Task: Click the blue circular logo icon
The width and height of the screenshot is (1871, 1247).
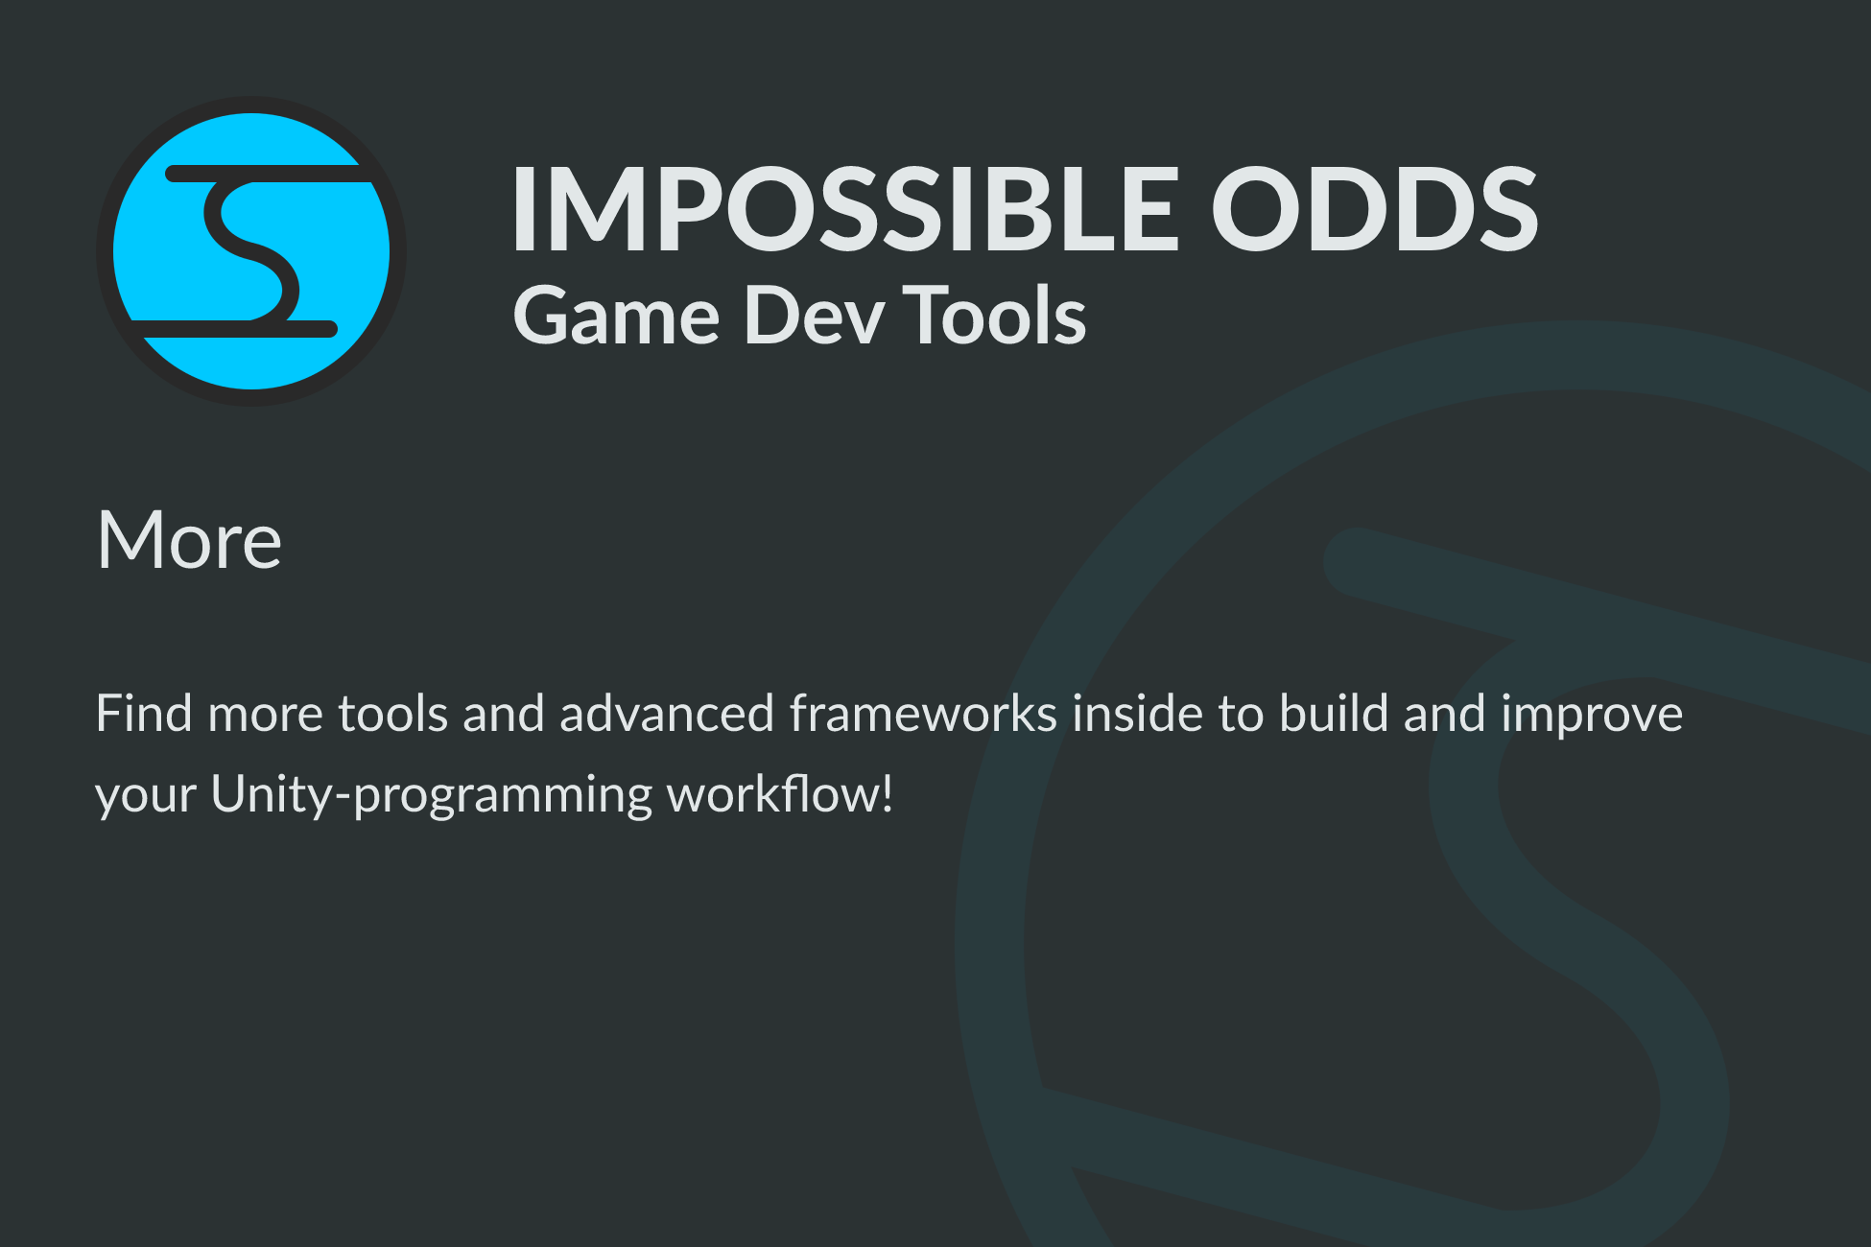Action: tap(251, 251)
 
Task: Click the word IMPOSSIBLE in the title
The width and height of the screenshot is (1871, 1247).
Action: tap(845, 208)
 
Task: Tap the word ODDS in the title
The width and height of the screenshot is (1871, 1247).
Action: tap(1375, 208)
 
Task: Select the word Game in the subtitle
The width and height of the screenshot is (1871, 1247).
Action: tap(617, 316)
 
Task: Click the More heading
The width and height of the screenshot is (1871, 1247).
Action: tap(189, 540)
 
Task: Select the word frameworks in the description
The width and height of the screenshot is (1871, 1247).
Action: tap(924, 714)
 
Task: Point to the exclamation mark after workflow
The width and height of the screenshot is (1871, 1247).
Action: tap(887, 794)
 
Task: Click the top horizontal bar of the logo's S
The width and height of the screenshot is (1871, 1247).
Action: tap(269, 174)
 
